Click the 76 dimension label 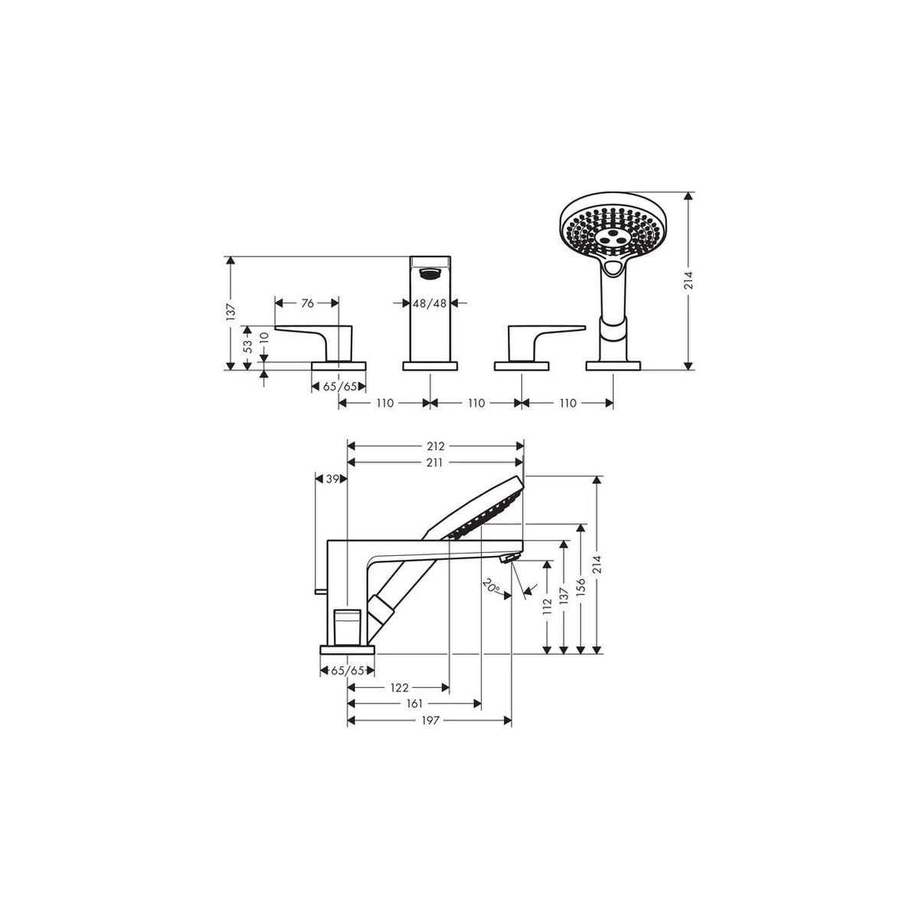pyautogui.click(x=308, y=303)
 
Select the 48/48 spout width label pyautogui.click(x=429, y=303)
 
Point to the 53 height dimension pyautogui.click(x=247, y=347)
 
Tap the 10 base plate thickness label pyautogui.click(x=265, y=338)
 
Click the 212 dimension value pyautogui.click(x=436, y=446)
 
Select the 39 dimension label pyautogui.click(x=332, y=479)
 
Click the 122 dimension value pyautogui.click(x=399, y=688)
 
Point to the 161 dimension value pyautogui.click(x=415, y=704)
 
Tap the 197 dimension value pyautogui.click(x=430, y=721)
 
